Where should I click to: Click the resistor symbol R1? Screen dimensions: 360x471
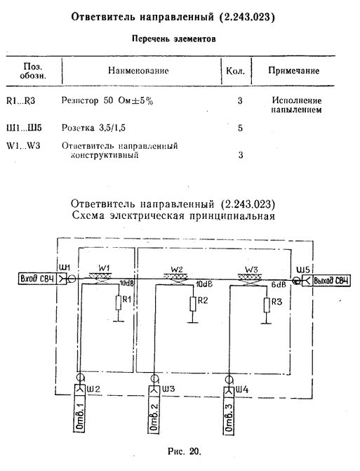[119, 303]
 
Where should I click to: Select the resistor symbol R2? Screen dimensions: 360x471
[193, 304]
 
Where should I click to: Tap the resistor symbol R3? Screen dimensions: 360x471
[267, 305]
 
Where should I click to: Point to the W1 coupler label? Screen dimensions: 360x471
[103, 267]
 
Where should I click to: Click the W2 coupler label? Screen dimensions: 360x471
[177, 269]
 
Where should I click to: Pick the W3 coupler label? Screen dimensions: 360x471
[251, 270]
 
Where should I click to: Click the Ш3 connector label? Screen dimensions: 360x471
[168, 389]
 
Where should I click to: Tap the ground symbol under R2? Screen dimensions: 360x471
[193, 322]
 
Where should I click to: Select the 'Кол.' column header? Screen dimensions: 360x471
[235, 71]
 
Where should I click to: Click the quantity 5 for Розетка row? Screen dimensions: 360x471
[240, 128]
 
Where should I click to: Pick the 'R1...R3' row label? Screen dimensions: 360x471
[21, 100]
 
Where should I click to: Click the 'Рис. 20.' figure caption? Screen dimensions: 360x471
[185, 451]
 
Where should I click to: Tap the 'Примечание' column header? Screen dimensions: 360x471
[293, 71]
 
